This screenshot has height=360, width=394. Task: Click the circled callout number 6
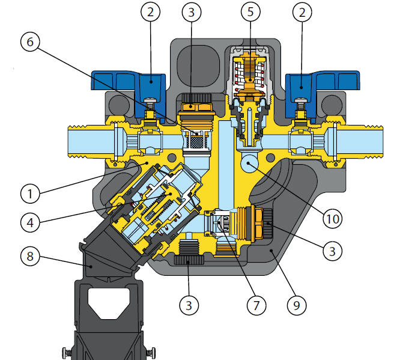tap(30, 41)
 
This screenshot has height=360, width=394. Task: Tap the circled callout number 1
tap(30, 194)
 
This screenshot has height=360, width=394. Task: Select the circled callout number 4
tap(30, 222)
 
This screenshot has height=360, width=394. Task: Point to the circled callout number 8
tap(30, 257)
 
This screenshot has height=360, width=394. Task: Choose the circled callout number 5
tap(250, 12)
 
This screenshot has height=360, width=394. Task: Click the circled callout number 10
tap(333, 219)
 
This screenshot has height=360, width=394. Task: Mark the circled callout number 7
tap(256, 305)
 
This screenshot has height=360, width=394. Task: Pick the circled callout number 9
tap(297, 305)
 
